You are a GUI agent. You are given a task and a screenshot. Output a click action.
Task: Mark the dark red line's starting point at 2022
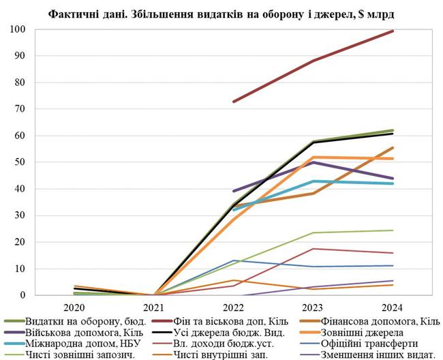(x=233, y=102)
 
